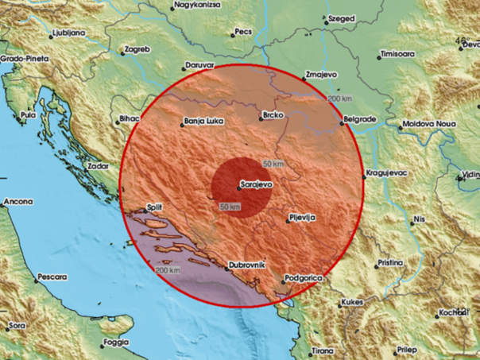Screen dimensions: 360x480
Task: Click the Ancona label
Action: pos(18,202)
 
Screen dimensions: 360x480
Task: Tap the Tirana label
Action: pos(323,349)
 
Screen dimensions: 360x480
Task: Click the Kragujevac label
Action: pos(389,172)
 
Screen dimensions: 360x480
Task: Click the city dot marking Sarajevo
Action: pos(239,187)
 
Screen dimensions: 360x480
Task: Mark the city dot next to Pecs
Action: pos(233,34)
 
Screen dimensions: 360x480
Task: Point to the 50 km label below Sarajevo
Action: pos(231,207)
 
